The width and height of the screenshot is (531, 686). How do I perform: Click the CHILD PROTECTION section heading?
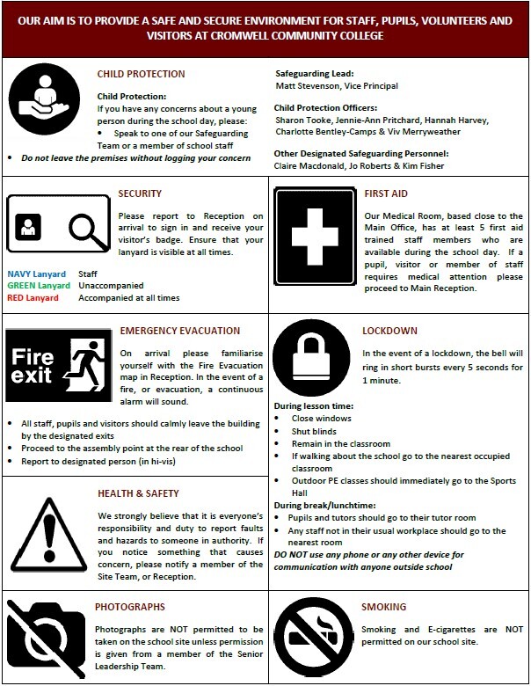(142, 74)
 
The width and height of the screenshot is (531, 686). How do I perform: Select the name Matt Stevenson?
(308, 86)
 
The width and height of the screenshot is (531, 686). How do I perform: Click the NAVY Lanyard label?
(36, 274)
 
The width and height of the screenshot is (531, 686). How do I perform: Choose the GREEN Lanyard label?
(38, 286)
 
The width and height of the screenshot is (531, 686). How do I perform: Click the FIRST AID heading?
(384, 192)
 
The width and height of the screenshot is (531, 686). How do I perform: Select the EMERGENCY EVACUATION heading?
(178, 331)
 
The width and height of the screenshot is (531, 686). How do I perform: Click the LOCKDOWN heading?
(390, 331)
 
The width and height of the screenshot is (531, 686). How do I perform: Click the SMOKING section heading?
(384, 607)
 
